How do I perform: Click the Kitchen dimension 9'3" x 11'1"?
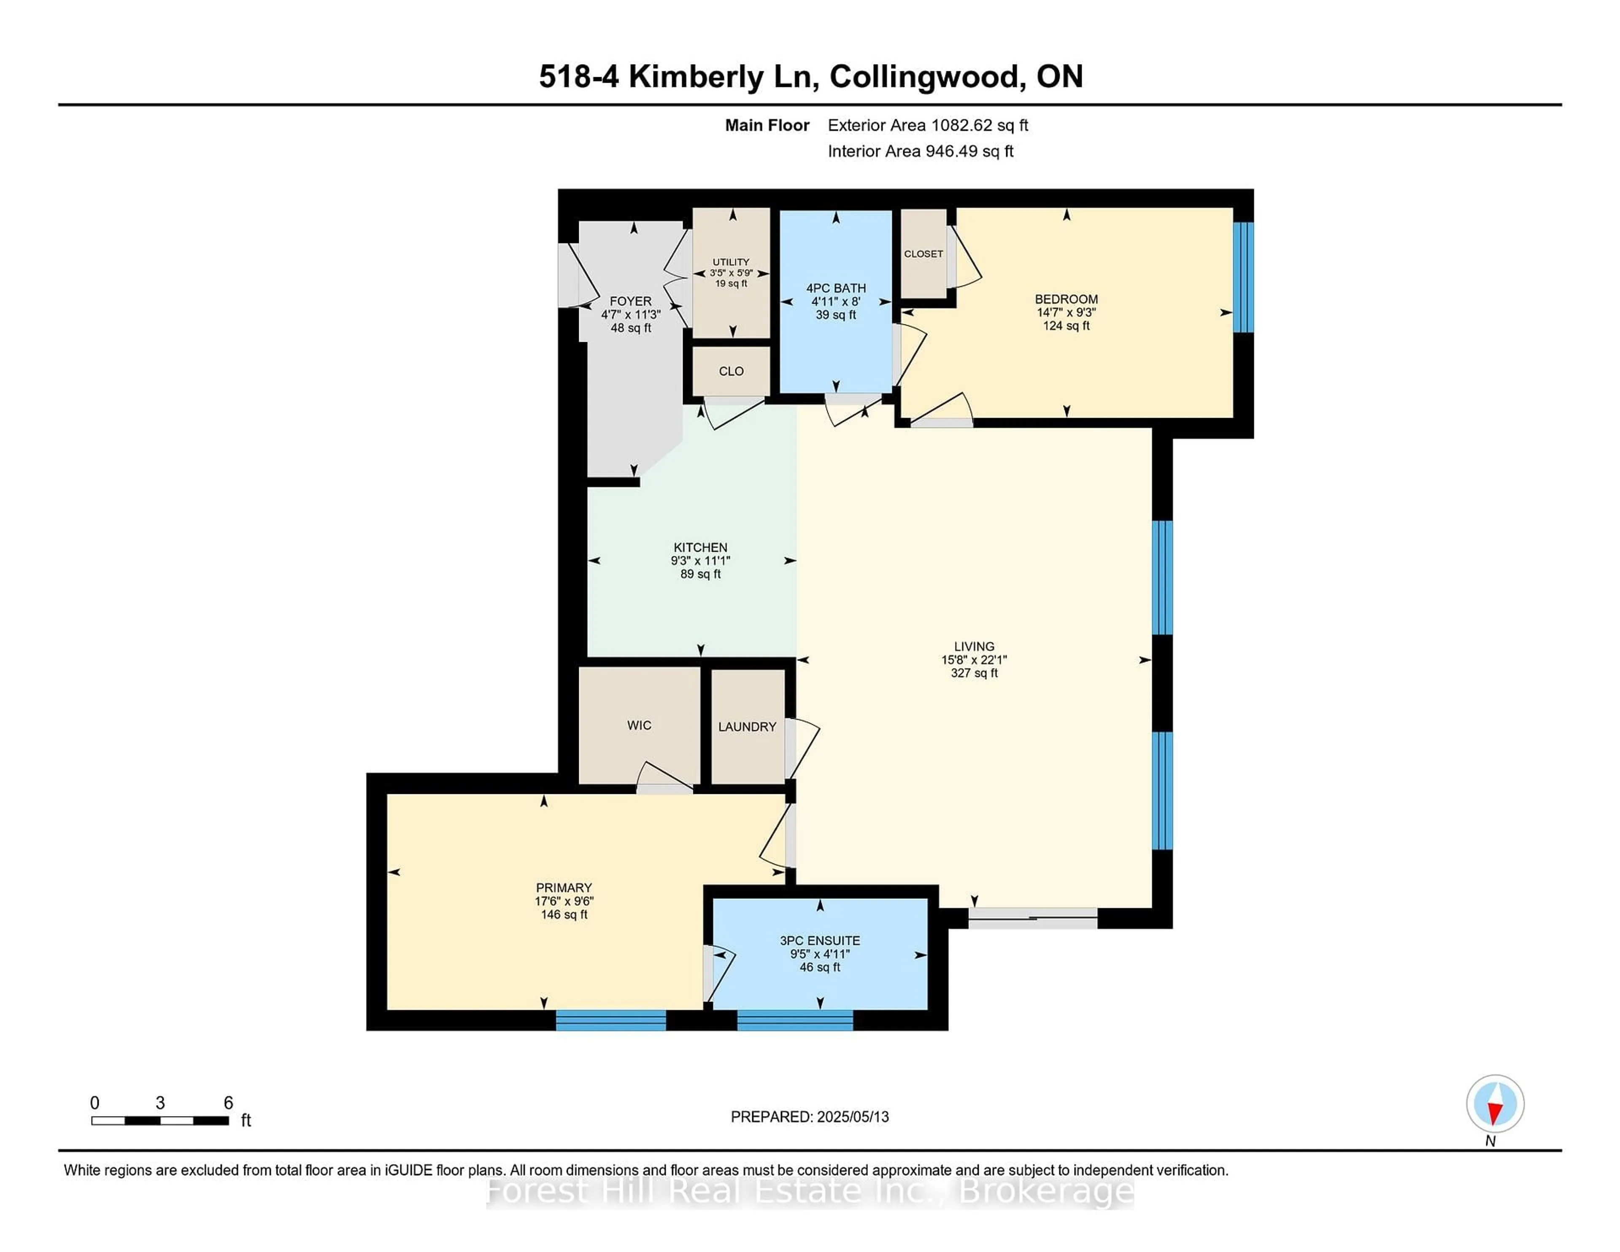(700, 561)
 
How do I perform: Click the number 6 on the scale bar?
(229, 1103)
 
